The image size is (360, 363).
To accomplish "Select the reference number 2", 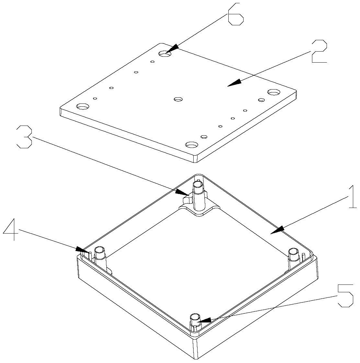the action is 319,51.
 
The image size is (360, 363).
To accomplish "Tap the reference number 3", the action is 24,137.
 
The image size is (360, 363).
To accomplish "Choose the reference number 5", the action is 345,296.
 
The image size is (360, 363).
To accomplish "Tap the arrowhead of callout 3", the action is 182,192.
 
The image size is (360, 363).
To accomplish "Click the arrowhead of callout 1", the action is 277,230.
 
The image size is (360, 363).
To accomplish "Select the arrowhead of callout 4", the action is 82,250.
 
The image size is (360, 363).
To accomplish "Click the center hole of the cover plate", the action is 178,100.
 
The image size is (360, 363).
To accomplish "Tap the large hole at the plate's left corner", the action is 83,106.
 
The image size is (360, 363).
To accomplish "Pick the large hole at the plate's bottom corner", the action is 192,145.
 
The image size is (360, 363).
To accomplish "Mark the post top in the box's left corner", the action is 100,249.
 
